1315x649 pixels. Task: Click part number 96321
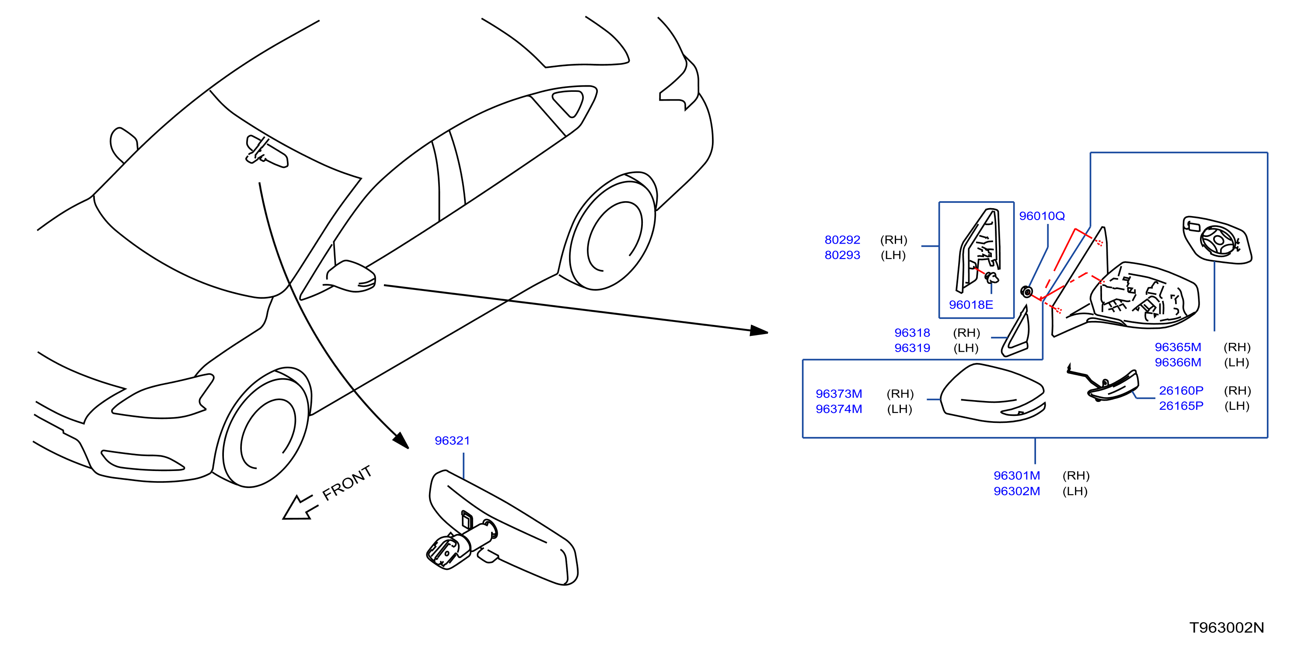pos(452,441)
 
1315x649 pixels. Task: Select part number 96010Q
pos(1042,216)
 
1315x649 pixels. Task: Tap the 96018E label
pos(971,305)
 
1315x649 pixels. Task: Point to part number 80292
pos(842,240)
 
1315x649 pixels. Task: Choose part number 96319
pos(912,348)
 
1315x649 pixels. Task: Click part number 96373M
pos(839,394)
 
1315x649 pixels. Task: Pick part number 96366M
pos(1178,362)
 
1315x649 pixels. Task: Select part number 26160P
pos(1181,391)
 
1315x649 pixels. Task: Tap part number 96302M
pos(1016,491)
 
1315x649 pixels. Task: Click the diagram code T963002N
pos(1227,628)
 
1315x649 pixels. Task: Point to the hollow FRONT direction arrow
pos(300,507)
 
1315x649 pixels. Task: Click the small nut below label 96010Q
pos(1026,292)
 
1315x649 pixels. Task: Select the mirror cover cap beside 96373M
pos(993,393)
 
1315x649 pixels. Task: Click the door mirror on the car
pos(352,276)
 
